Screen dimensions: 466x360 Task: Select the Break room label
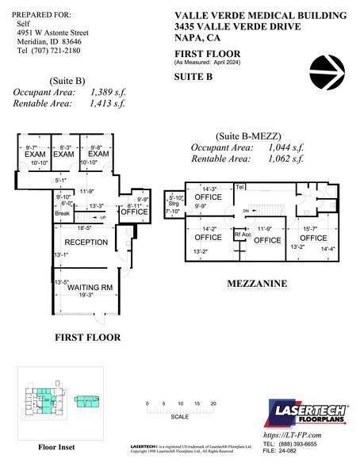(63, 213)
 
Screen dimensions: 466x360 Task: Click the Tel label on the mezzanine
(239, 187)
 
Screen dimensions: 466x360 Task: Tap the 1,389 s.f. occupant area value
(107, 93)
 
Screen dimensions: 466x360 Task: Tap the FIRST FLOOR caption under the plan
(87, 338)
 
